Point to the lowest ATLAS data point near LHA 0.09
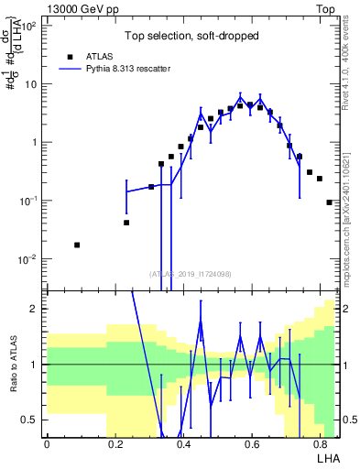point(77,245)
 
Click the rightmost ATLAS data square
point(329,202)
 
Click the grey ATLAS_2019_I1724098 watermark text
point(191,272)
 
